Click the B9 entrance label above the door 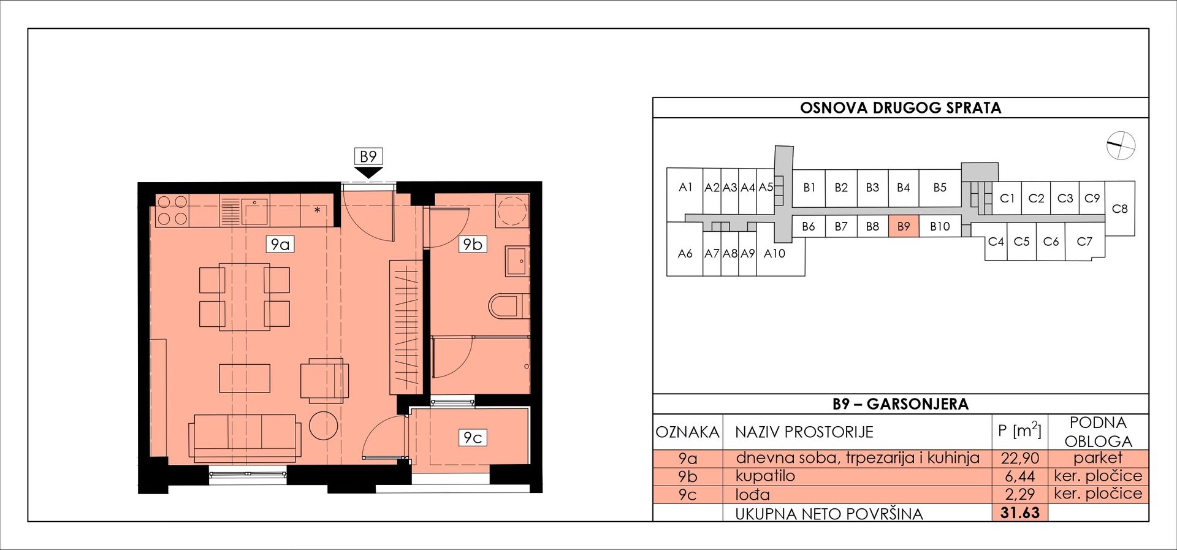(368, 157)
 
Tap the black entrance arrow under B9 (368, 173)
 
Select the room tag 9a (280, 245)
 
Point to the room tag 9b (473, 245)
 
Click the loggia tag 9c (473, 438)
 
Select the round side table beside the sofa (323, 425)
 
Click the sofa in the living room (245, 438)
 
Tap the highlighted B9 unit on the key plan (904, 226)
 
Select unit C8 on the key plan (1119, 208)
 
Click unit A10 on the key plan (774, 253)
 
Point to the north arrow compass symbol (1121, 146)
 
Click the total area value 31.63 (1020, 513)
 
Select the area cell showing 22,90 (1020, 458)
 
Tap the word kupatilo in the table (765, 476)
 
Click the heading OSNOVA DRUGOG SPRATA (901, 108)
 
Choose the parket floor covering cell (1098, 458)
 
